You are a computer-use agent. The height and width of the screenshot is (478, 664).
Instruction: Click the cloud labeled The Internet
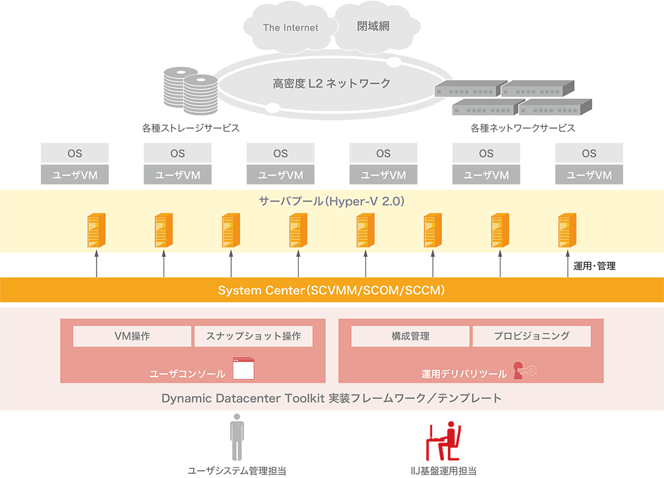coord(290,28)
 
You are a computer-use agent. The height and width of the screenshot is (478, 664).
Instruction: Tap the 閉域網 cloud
coord(372,27)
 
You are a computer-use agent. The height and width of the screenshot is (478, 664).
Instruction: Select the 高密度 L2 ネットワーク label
coord(331,83)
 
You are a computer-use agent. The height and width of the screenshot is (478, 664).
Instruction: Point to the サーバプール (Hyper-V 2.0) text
coord(331,201)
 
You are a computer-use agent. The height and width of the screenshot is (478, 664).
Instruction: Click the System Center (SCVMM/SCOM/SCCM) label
coord(331,291)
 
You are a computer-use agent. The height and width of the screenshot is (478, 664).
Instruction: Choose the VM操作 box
coord(132,337)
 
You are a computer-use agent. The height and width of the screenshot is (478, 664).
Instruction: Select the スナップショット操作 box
coord(254,337)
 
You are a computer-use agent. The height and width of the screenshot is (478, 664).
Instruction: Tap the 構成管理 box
coord(410,337)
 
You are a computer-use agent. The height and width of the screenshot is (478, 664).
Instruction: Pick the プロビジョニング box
coord(531,337)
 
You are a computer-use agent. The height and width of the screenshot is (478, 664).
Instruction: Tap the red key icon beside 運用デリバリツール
coord(523,370)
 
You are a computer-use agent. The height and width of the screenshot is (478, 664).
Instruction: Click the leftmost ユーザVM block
coord(75,176)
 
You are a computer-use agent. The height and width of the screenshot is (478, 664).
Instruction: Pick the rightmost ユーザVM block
coord(589,176)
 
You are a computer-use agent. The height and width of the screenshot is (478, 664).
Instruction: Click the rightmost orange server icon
coord(566,230)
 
